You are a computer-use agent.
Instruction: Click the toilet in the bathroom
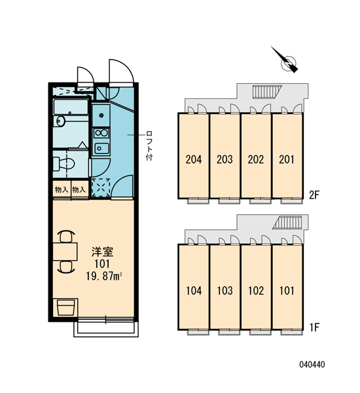pos(64,164)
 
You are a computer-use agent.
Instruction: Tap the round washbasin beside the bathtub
pos(60,121)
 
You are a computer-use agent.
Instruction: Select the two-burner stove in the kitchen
pos(101,133)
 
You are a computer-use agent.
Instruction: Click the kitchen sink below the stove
pos(101,149)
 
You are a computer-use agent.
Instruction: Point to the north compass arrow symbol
pos(285,60)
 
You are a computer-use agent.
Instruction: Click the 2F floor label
pos(314,195)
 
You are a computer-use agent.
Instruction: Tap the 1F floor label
pos(314,327)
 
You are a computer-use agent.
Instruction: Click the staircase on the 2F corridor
pos(267,91)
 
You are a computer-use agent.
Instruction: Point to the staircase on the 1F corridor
pos(287,223)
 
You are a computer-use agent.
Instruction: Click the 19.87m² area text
pos(104,276)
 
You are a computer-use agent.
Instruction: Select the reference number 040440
pos(312,364)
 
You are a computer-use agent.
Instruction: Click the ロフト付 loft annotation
pos(149,145)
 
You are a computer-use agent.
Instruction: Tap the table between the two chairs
pos(65,252)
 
